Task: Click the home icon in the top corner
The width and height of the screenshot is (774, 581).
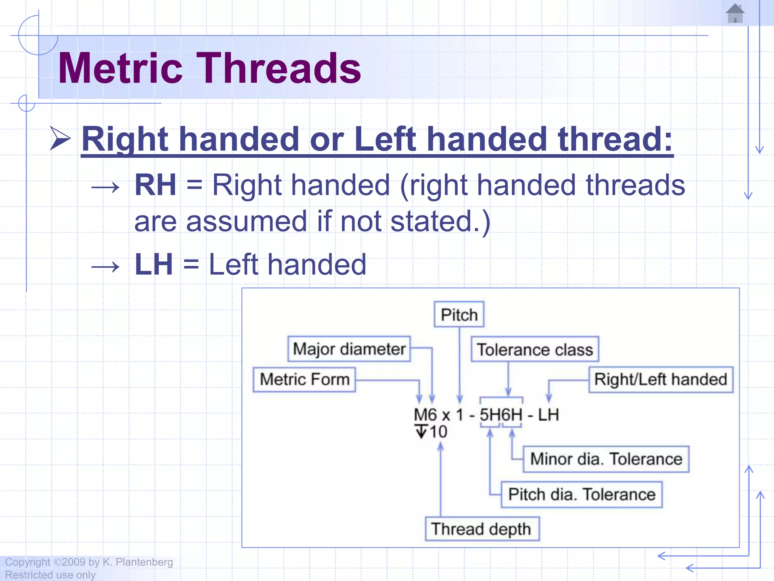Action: [735, 14]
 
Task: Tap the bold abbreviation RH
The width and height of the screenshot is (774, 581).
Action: [155, 185]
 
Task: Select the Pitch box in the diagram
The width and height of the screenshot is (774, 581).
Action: [459, 315]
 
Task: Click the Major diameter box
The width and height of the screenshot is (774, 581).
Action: [349, 349]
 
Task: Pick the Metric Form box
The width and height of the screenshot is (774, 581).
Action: [304, 379]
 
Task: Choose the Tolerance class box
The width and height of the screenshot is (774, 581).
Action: [535, 350]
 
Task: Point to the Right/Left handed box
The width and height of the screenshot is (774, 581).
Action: [661, 379]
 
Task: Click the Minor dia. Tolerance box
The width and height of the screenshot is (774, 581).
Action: [606, 459]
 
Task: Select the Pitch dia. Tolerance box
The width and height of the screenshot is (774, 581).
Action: [581, 495]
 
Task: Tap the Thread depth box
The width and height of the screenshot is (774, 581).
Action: [481, 529]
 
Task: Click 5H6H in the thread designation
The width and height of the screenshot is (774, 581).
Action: [501, 415]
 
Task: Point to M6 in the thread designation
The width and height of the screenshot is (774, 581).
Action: [425, 415]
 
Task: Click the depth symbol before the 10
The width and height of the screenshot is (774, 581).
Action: [421, 432]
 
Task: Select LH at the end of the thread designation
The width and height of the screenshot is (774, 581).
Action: [548, 415]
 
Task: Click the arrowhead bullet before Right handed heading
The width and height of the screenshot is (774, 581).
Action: [60, 139]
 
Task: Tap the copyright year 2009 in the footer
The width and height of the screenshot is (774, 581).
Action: [74, 562]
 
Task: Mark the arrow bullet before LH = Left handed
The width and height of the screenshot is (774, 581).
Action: [105, 267]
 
